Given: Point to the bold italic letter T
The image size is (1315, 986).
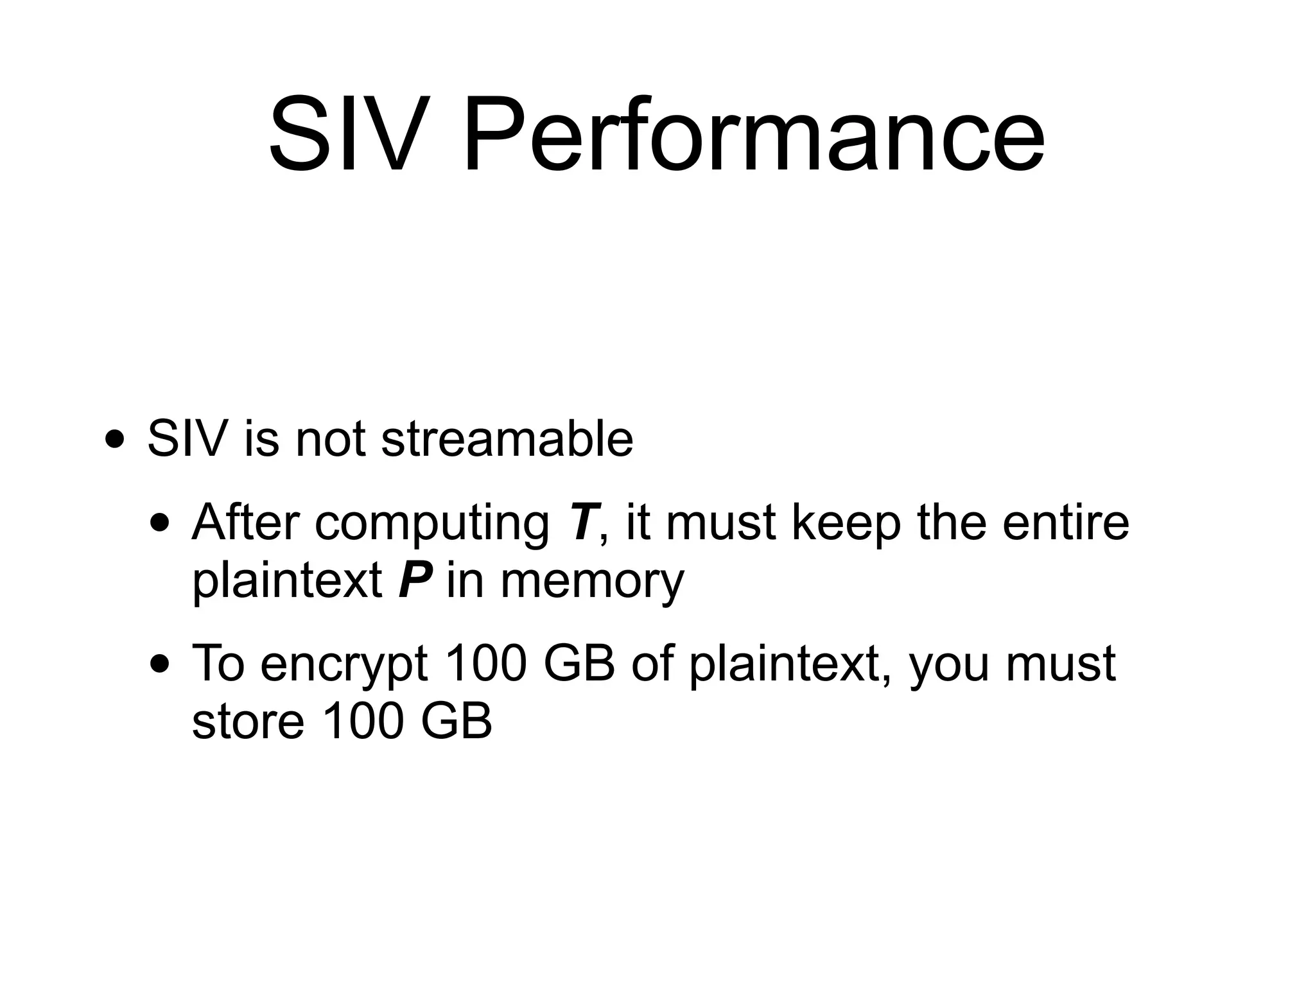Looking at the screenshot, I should coord(583,522).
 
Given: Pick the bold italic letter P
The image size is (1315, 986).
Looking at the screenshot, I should coord(414,580).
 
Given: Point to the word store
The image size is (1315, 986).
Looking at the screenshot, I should coord(248,721).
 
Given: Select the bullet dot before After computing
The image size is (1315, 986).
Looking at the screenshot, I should coord(159,524).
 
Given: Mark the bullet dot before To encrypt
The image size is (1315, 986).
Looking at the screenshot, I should coord(159,665).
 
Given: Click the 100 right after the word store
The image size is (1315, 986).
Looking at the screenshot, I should coord(362,721).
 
